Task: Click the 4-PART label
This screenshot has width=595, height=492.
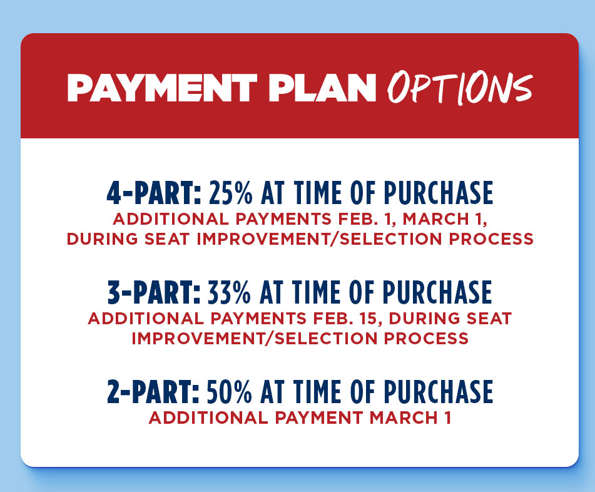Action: pos(153,195)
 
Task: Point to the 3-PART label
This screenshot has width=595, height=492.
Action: pos(153,292)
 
